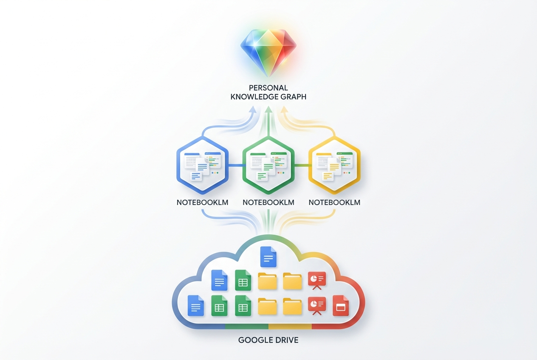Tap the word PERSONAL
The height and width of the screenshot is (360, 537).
[x=268, y=88]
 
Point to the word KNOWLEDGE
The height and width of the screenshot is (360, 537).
[x=253, y=97]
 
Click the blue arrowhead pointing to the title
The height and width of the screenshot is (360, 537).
[x=253, y=109]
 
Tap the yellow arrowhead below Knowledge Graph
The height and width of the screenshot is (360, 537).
[x=284, y=109]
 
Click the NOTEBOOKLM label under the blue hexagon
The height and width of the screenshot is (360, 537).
[x=202, y=202]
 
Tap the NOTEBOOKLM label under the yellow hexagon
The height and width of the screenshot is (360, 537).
[x=334, y=202]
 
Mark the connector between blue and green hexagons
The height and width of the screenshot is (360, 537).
[x=235, y=166]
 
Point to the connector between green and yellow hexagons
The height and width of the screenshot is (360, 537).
[x=301, y=166]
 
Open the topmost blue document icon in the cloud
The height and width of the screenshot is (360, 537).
[x=268, y=257]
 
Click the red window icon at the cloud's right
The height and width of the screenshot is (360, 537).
[x=341, y=306]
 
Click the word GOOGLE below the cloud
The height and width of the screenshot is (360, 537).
[x=254, y=340]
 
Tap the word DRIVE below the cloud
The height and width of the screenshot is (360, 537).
[x=285, y=340]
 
